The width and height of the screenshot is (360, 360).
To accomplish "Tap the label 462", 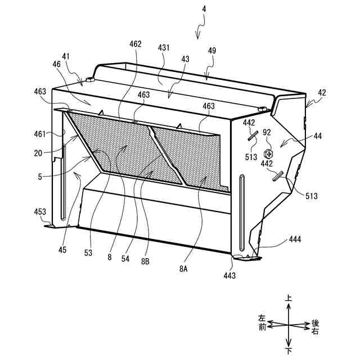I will pos(135,44).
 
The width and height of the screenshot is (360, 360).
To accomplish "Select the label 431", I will pos(164,49).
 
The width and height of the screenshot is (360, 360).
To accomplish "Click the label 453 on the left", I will pos(39,211).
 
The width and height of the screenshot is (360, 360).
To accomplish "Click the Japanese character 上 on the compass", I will pos(288,300).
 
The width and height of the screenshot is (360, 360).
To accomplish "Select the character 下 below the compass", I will pos(289,351).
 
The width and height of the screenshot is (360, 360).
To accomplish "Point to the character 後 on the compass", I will pos(315,323).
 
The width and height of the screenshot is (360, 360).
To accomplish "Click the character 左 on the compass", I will pos(262,318).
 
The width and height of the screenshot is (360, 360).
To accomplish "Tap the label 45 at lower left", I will pos(62,250).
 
